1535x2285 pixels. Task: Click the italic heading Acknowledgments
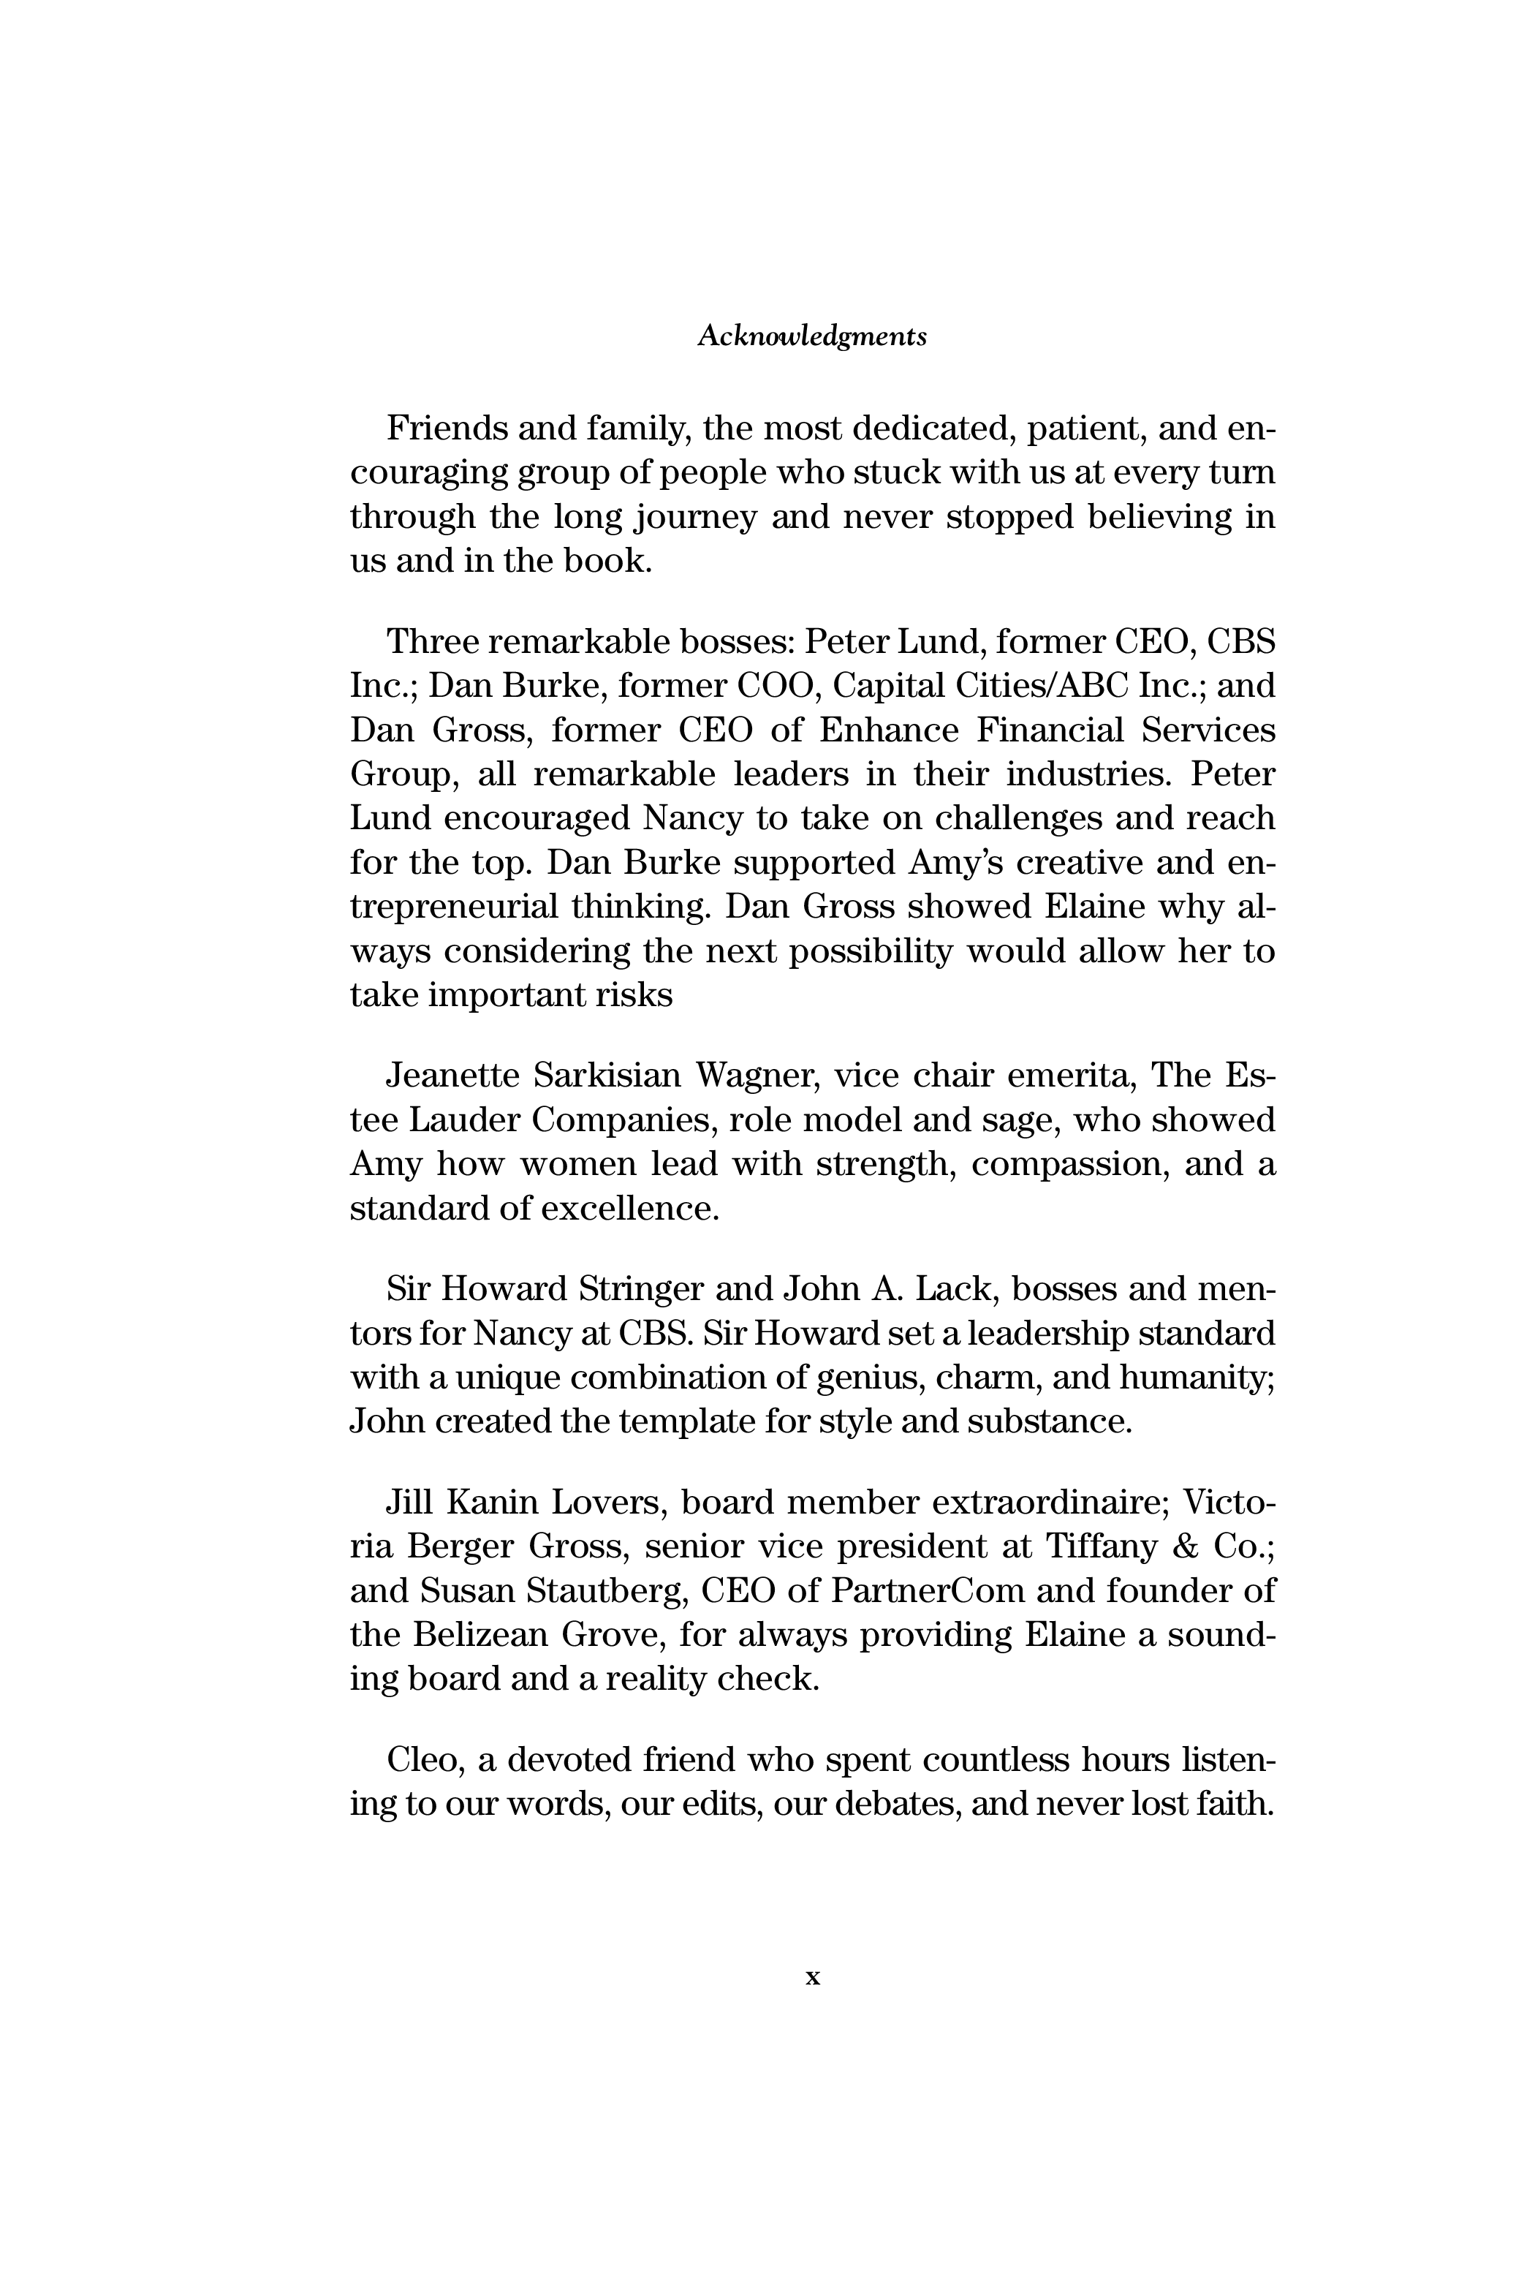click(x=811, y=337)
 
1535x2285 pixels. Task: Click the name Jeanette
click(x=452, y=1075)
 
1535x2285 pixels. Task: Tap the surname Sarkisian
click(x=606, y=1075)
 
